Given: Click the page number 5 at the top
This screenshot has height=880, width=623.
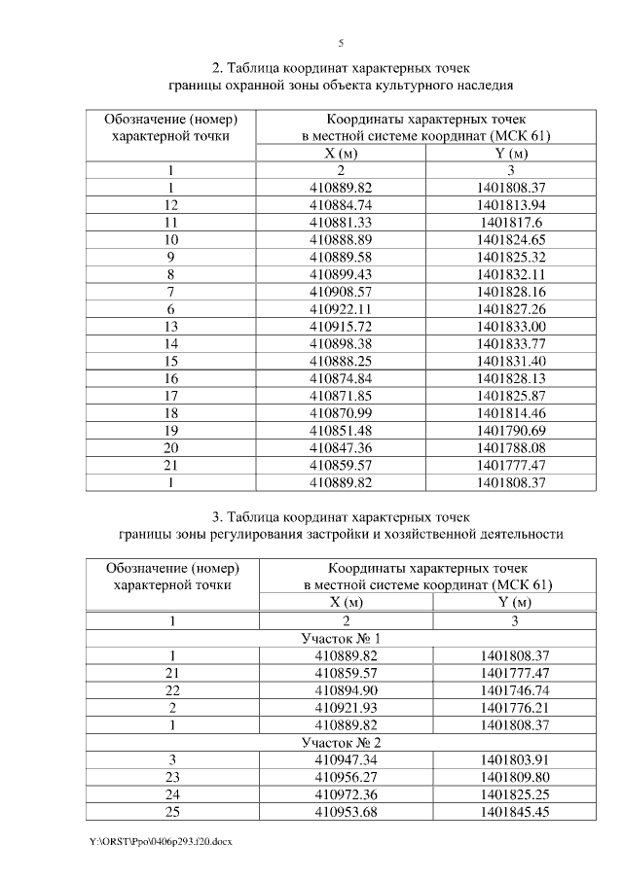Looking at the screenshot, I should click(341, 43).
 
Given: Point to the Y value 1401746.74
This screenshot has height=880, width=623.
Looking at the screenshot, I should click(512, 689).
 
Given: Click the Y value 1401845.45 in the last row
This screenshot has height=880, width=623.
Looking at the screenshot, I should click(512, 812).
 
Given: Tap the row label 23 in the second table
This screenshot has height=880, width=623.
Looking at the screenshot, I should click(171, 777).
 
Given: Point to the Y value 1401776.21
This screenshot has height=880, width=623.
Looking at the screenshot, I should click(512, 707).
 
